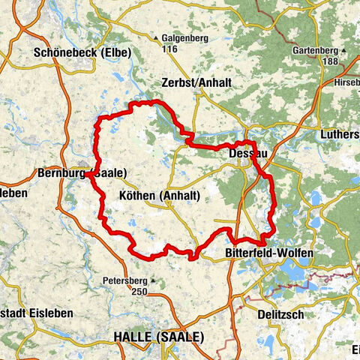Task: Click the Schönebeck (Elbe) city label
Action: pyautogui.click(x=82, y=52)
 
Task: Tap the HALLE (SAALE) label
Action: pyautogui.click(x=157, y=337)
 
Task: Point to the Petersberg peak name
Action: pyautogui.click(x=124, y=282)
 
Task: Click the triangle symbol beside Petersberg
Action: pyautogui.click(x=152, y=282)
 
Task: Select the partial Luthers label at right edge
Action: pyautogui.click(x=339, y=134)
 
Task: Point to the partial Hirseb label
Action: pyautogui.click(x=346, y=80)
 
